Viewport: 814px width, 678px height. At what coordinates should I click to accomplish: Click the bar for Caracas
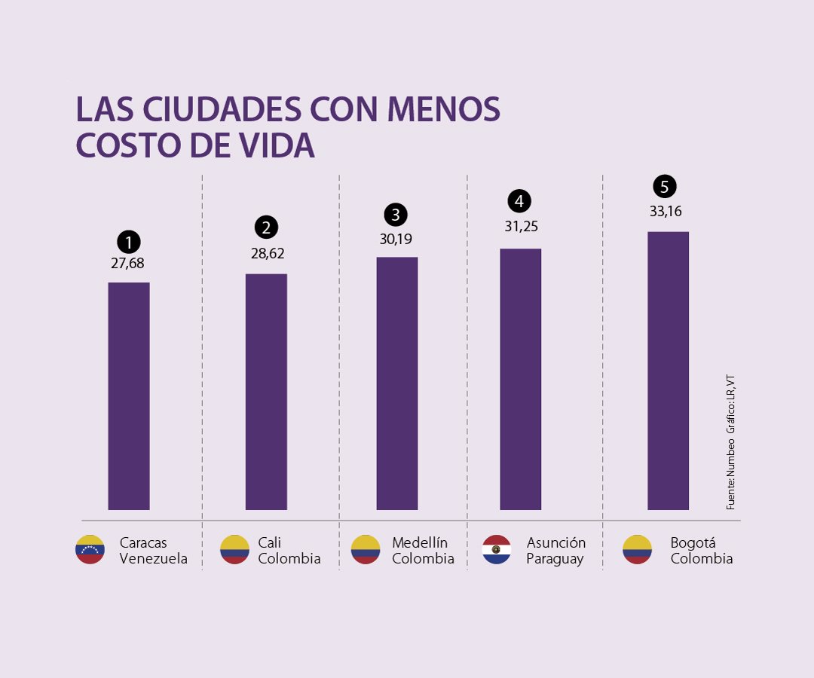point(129,395)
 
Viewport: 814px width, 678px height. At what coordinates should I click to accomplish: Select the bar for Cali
point(266,392)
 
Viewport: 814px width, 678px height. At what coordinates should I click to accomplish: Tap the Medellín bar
point(397,383)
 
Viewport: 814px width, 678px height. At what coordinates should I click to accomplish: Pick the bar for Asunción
point(520,379)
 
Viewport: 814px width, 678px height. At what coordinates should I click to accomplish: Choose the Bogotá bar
point(668,371)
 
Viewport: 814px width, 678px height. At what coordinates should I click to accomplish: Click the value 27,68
point(128,264)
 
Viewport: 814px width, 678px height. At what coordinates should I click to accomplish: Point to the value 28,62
point(268,254)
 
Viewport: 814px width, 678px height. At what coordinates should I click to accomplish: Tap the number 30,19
point(396,240)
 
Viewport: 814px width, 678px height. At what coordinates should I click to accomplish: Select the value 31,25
point(521,227)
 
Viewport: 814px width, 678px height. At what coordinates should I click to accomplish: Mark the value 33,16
point(666,211)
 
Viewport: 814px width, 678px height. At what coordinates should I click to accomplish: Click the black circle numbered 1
point(129,242)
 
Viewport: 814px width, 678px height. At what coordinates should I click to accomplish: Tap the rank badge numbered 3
point(396,215)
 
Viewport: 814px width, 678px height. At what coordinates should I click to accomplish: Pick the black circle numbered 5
point(665,186)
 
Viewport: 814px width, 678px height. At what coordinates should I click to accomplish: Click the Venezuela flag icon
point(90,550)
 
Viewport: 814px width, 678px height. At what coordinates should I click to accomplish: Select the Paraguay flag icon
point(497,550)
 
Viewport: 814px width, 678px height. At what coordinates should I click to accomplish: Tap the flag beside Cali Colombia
point(234,550)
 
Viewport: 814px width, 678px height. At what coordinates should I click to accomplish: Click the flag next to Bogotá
point(637,550)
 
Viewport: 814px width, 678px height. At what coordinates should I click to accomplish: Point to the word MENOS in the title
point(444,110)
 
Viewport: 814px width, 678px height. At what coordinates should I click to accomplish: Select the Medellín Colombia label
point(422,551)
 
